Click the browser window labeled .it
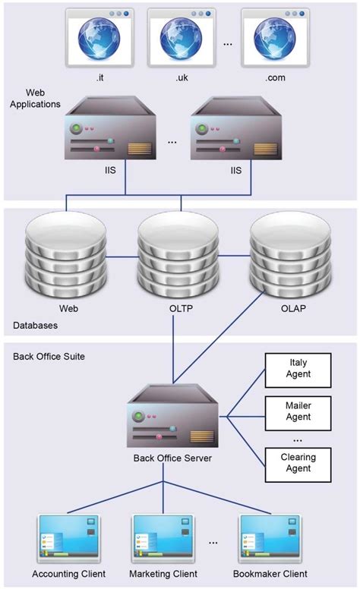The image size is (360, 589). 99,36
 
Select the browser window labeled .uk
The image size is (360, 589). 182,36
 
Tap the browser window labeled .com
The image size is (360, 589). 275,36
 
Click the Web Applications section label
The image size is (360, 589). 33,98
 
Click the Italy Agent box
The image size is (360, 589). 298,370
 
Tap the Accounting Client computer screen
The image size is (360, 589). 68,540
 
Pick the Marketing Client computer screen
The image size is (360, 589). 164,540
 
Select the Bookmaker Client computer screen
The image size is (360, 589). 270,540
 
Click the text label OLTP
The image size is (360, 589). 181,309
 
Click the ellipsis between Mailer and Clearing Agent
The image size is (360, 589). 298,439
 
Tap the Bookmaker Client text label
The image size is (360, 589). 270,574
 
